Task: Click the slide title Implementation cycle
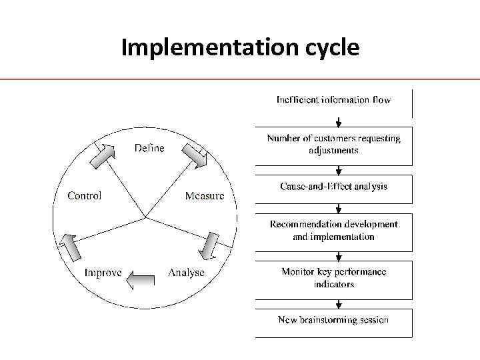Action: (x=240, y=47)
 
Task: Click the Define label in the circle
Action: (x=149, y=148)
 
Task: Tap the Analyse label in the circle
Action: (x=186, y=273)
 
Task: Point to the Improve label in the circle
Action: (x=103, y=273)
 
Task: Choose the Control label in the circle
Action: (x=85, y=196)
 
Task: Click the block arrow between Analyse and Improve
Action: (x=141, y=279)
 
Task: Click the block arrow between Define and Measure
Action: (x=195, y=155)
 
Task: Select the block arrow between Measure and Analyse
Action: (x=211, y=245)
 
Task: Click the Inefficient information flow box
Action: (x=334, y=101)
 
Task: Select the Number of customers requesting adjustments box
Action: (x=334, y=145)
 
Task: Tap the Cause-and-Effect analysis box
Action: (x=334, y=187)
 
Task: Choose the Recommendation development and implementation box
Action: (x=334, y=231)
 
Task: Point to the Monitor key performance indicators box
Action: (x=334, y=278)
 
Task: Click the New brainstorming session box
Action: (x=334, y=321)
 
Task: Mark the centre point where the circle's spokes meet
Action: (x=145, y=217)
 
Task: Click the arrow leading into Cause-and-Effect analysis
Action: (x=339, y=171)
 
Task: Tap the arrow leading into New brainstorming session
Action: (x=339, y=303)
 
